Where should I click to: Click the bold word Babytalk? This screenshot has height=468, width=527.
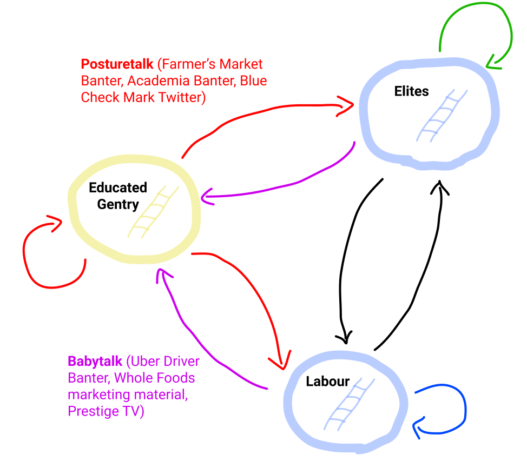pos(95,361)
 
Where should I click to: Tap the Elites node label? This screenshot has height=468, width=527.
pos(411,91)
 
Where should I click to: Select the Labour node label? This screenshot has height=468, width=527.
pos(328,382)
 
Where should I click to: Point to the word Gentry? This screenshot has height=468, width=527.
pos(118,204)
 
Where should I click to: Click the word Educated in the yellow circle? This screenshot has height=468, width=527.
pos(118,188)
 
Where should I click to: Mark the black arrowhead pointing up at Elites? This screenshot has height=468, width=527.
pos(440,187)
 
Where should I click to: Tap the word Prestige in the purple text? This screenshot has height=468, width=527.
pos(91,411)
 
